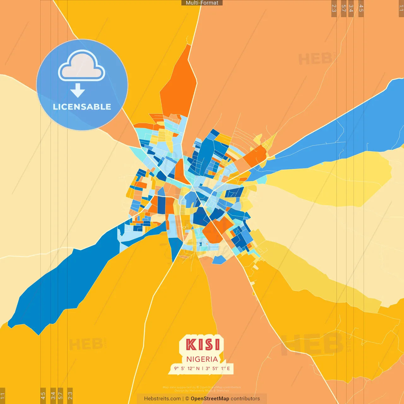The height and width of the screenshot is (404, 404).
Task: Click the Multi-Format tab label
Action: point(202,3)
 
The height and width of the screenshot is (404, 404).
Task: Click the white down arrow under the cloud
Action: point(78,91)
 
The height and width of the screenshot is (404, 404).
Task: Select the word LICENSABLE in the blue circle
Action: point(82,107)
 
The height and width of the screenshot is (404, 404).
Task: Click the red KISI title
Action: point(203,344)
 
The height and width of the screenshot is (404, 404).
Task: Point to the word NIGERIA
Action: point(202,359)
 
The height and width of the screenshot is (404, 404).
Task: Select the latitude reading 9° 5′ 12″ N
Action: point(187,368)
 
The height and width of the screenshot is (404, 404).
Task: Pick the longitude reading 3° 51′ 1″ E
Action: point(218,368)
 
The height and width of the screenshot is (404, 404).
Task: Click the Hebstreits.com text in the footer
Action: point(162,399)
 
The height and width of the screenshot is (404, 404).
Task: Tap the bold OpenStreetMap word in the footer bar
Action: point(210,399)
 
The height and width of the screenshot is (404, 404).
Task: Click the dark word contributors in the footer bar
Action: point(245,399)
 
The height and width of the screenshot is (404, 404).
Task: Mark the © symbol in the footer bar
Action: point(187,399)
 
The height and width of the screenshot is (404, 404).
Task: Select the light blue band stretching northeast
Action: point(341,133)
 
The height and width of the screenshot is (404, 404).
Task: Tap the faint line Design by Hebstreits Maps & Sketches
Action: point(202,391)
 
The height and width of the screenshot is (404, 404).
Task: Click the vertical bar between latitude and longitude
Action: point(203,368)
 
